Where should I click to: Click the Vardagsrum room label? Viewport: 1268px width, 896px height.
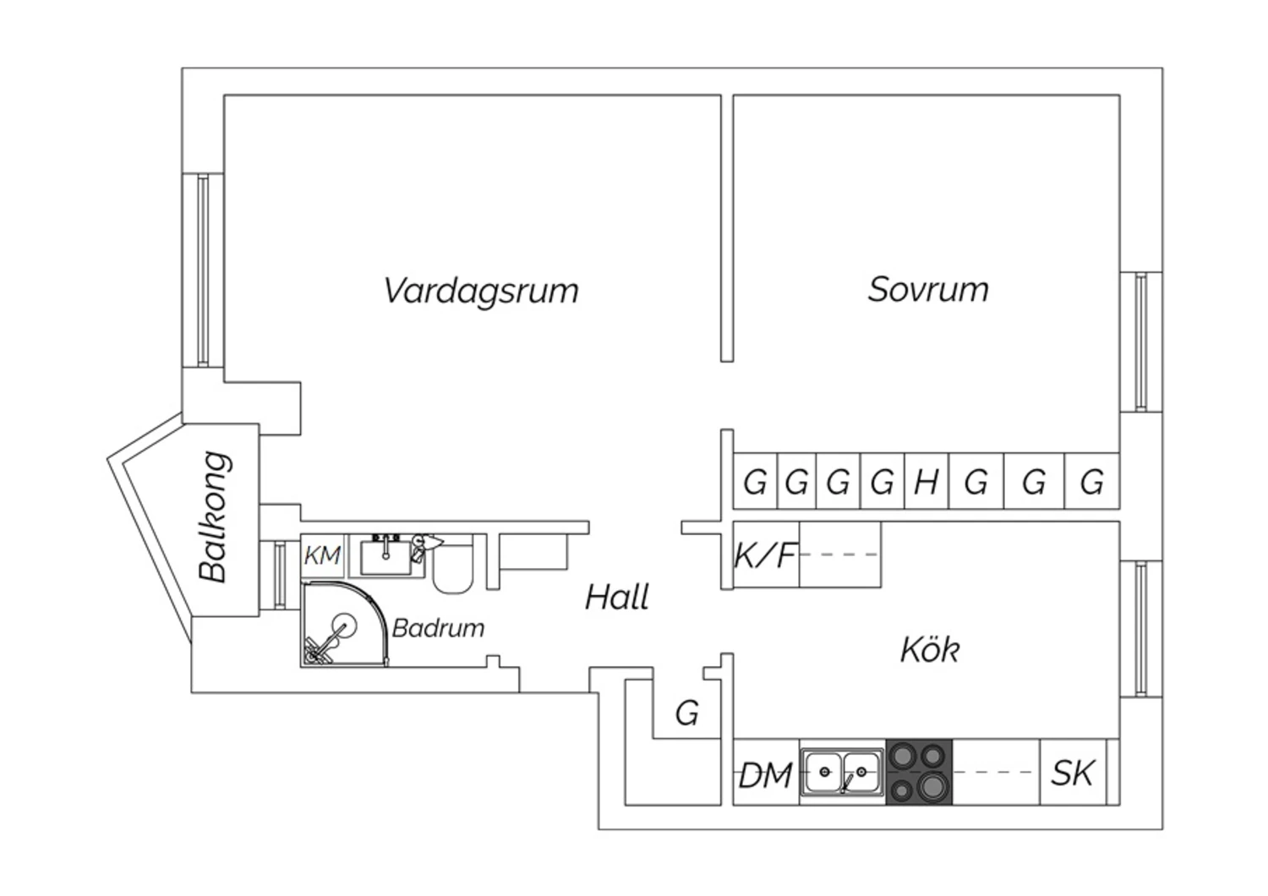[481, 292]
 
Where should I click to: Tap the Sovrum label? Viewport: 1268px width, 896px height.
[928, 290]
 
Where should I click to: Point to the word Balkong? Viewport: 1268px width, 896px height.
[215, 516]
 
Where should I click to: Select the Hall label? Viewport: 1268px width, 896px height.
[617, 597]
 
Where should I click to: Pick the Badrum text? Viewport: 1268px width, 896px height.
[438, 628]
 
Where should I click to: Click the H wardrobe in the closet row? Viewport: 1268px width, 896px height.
[926, 482]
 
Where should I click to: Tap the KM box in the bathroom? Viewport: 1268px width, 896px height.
[322, 555]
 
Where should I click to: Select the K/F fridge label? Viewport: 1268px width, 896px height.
[766, 555]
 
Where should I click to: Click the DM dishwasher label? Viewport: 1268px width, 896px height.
[765, 775]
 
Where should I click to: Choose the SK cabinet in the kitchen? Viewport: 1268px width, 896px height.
[1073, 773]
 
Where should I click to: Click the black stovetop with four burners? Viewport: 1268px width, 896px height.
[920, 772]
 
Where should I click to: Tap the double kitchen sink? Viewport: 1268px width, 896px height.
[842, 772]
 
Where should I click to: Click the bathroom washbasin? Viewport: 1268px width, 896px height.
[386, 558]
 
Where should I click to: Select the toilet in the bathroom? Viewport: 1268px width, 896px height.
[453, 566]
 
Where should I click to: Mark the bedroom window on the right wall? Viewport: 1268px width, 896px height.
[1141, 341]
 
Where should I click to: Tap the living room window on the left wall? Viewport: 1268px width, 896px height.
[203, 270]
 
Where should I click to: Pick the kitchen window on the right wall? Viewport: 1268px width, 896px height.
[1141, 629]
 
